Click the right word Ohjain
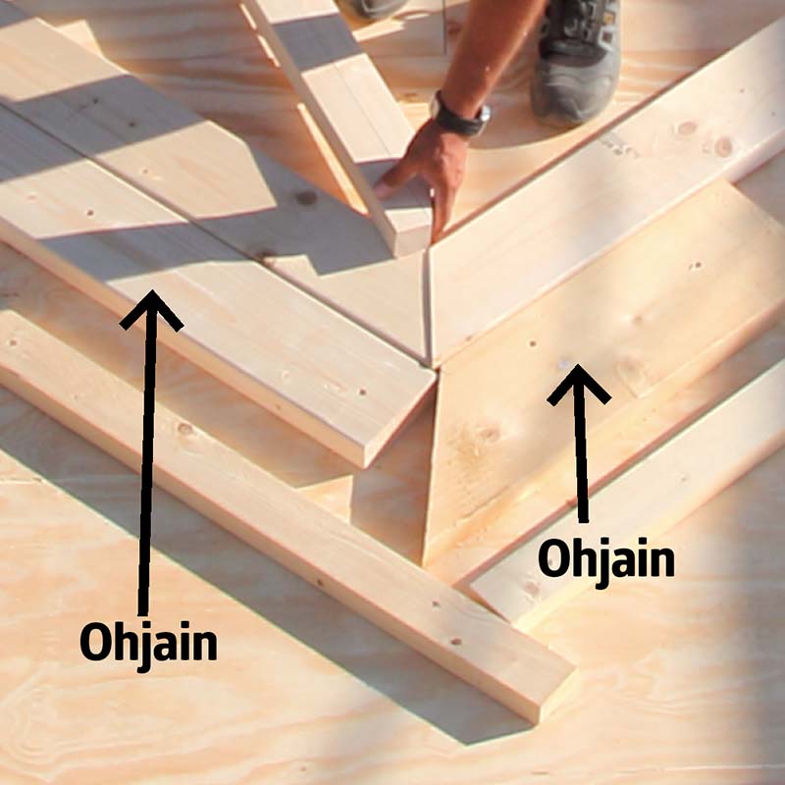pos(606,560)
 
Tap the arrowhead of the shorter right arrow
pos(579,383)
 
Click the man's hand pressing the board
pos(426,176)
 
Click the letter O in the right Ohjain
pos(551,558)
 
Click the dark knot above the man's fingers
pos(305,198)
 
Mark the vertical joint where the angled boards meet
pos(428,305)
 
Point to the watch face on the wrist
pos(483,115)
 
